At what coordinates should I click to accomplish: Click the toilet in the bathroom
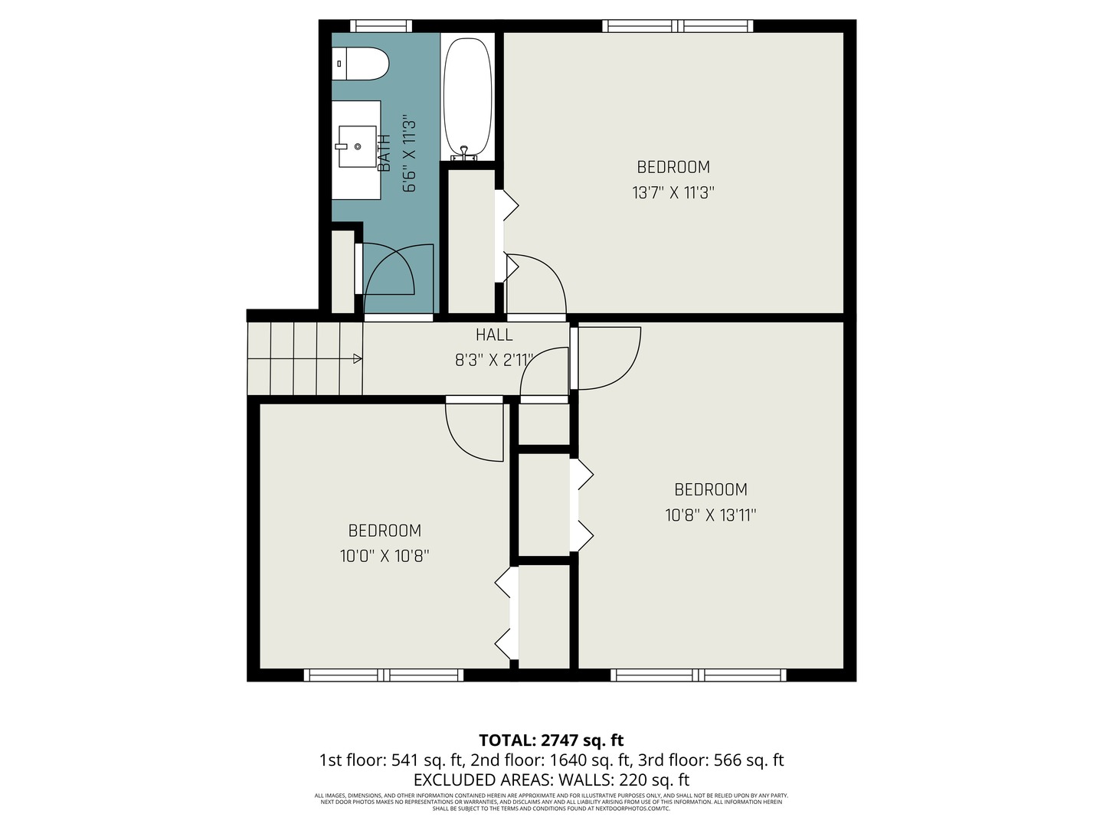click(361, 64)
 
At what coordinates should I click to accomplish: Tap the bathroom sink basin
click(357, 145)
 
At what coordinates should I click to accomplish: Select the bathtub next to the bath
click(467, 96)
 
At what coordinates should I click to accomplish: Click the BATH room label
click(385, 152)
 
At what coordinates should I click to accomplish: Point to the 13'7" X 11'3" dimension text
click(673, 192)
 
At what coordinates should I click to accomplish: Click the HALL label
click(494, 335)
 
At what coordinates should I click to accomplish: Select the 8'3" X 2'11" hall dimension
click(494, 360)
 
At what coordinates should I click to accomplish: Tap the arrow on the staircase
click(357, 358)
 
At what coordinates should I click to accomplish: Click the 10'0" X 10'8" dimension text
click(385, 556)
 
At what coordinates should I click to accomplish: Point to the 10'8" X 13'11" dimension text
click(710, 515)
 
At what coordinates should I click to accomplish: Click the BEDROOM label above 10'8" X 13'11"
click(710, 489)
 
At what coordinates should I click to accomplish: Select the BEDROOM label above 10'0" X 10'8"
click(385, 531)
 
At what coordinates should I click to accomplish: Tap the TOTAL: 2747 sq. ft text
click(551, 740)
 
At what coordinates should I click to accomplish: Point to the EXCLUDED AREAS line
click(551, 780)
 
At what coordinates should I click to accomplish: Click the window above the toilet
click(381, 26)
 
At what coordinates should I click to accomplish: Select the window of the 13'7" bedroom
click(678, 26)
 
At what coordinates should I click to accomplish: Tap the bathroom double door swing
click(398, 276)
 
